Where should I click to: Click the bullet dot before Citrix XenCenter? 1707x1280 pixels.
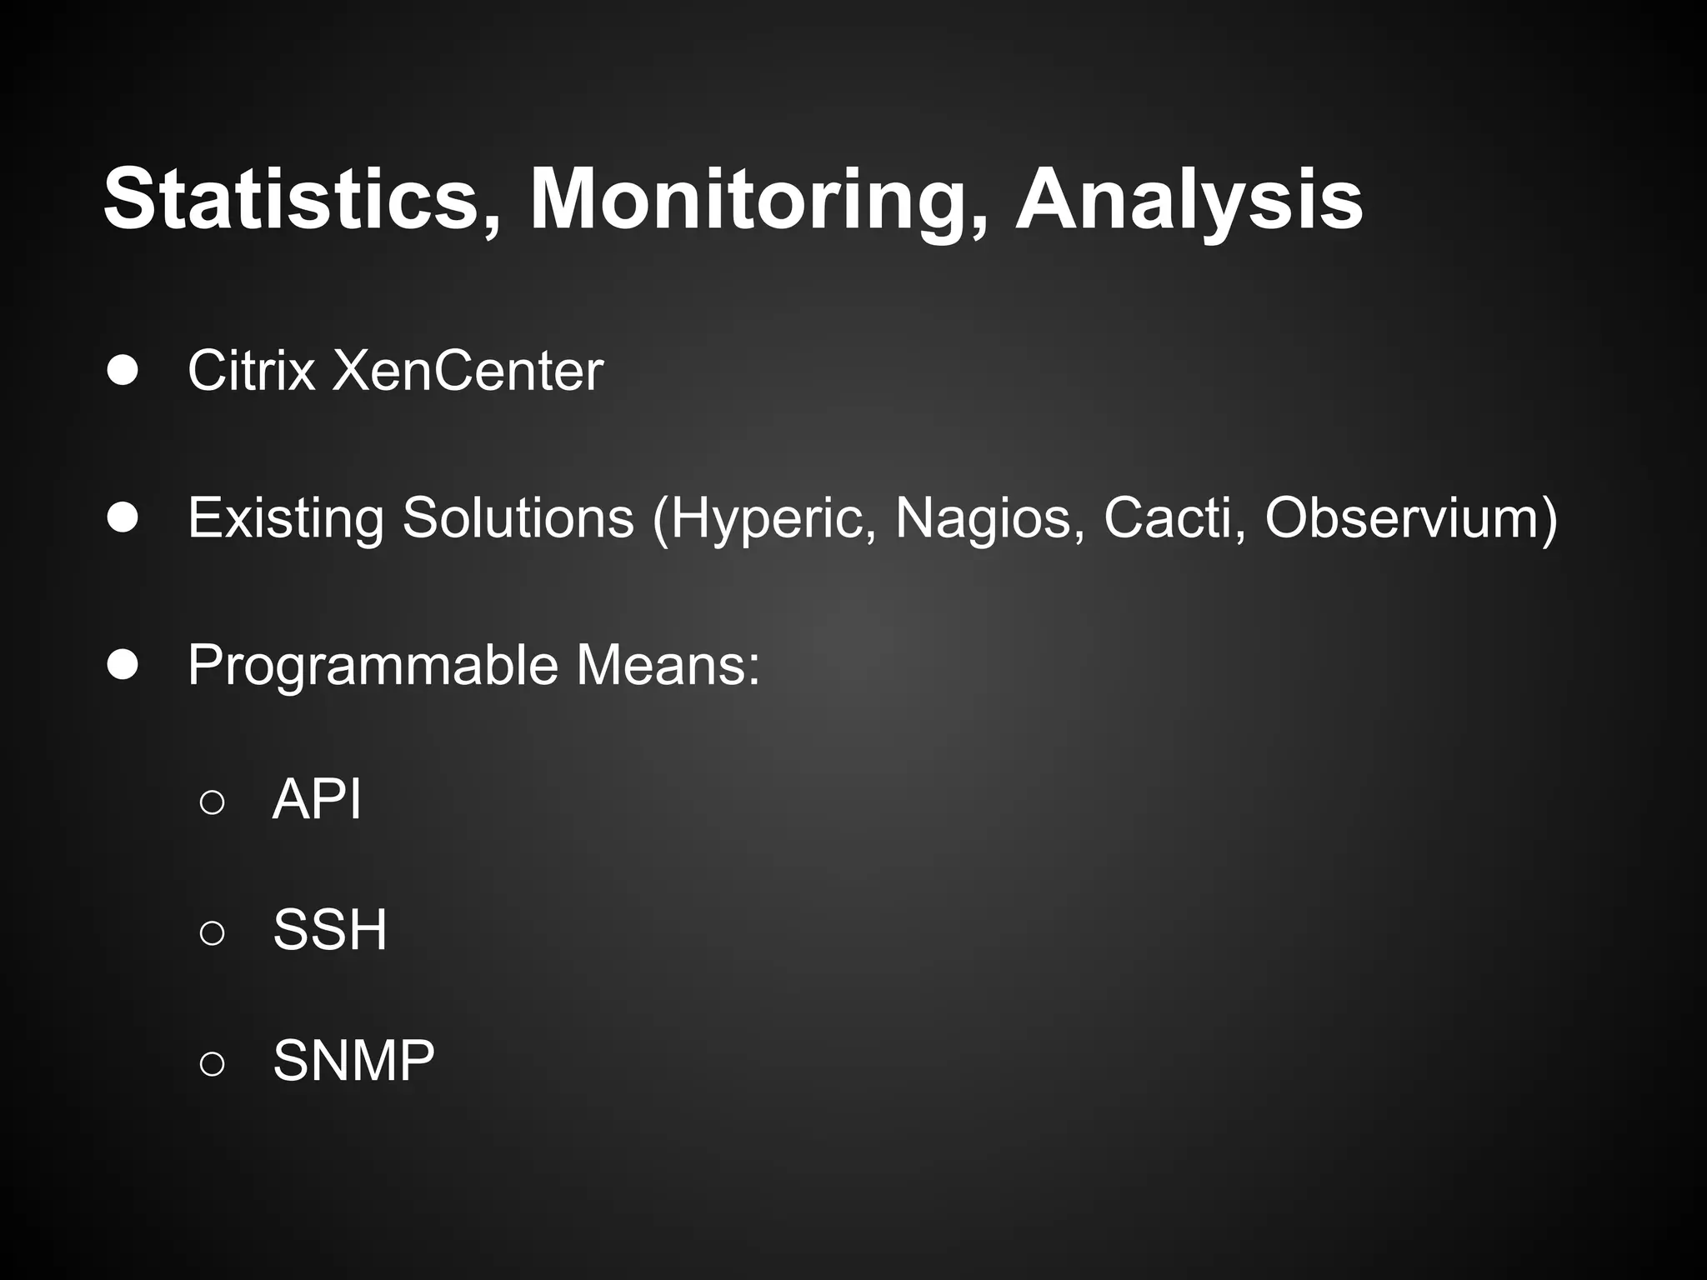point(123,372)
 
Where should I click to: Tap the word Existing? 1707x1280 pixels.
point(286,518)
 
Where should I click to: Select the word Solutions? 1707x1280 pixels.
point(518,517)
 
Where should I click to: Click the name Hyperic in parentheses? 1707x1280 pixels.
point(772,518)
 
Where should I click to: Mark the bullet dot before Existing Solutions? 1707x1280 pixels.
point(123,518)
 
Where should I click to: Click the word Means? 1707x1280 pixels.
point(667,666)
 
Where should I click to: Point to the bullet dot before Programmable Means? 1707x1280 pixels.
point(123,666)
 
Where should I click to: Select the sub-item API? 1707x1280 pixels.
point(317,799)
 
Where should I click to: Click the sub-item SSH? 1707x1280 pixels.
point(330,930)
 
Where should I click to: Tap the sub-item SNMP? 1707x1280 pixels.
point(353,1061)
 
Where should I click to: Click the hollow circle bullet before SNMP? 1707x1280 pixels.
point(213,1062)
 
